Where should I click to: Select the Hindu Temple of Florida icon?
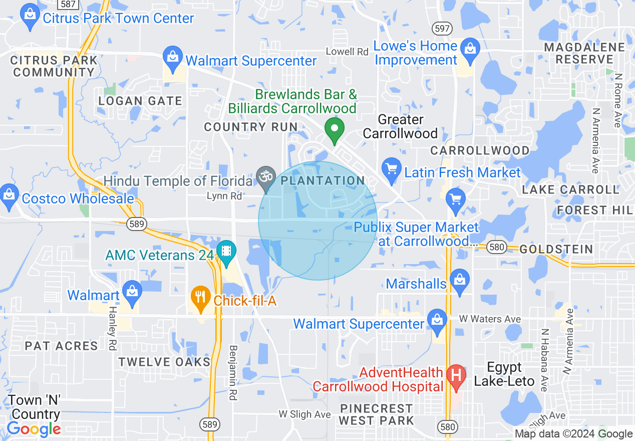tap(266, 177)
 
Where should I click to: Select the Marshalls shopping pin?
tap(460, 281)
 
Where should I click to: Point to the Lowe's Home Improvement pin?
tap(470, 50)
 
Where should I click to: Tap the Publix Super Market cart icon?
tap(455, 200)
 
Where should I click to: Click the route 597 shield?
tap(443, 29)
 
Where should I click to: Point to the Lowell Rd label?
tap(347, 52)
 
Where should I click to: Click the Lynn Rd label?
tap(224, 196)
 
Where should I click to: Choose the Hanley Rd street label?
tap(112, 331)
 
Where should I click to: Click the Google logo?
tap(34, 429)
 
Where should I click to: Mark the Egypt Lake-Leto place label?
tap(504, 374)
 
